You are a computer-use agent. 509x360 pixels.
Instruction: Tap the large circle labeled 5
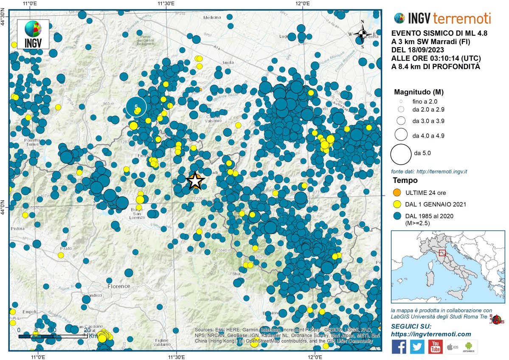tap(136, 107)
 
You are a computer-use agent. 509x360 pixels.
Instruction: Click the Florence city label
tap(118, 286)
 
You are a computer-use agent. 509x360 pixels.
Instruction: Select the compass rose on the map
tap(362, 34)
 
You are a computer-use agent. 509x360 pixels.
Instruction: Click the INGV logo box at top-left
tap(33, 34)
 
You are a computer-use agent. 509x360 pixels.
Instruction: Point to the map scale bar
tap(53, 336)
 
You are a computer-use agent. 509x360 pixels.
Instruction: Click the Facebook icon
tap(399, 347)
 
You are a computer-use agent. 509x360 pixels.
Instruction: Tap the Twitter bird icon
tap(417, 347)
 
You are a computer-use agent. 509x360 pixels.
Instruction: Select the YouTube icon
tap(435, 347)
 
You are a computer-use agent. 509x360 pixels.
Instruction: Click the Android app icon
tap(469, 347)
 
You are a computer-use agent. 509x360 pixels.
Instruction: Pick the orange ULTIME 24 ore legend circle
tap(397, 193)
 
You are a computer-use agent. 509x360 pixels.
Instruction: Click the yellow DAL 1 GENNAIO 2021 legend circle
tap(397, 205)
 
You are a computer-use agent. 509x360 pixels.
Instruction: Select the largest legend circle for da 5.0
tap(400, 154)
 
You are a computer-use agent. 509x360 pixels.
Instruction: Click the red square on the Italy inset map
tap(442, 253)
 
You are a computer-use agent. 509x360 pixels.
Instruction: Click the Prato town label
tap(66, 248)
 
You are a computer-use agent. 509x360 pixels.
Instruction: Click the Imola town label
tap(228, 63)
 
